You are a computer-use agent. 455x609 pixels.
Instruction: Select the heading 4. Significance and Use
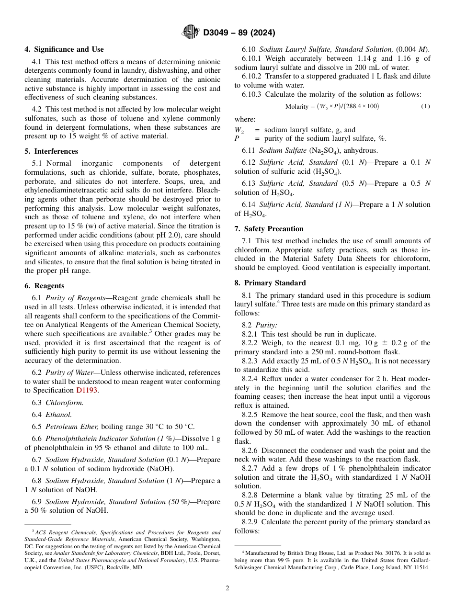point(64,49)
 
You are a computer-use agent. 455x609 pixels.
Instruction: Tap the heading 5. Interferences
point(51,151)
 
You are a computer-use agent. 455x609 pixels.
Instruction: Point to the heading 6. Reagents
point(44,286)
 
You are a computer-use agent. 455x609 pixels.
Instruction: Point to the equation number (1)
point(425,106)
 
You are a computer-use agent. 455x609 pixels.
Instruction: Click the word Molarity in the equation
point(296,106)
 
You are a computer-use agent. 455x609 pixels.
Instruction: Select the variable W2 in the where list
point(239,130)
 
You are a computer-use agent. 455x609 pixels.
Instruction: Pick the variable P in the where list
point(237,139)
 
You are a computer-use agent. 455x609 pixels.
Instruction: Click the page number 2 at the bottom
point(227,588)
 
